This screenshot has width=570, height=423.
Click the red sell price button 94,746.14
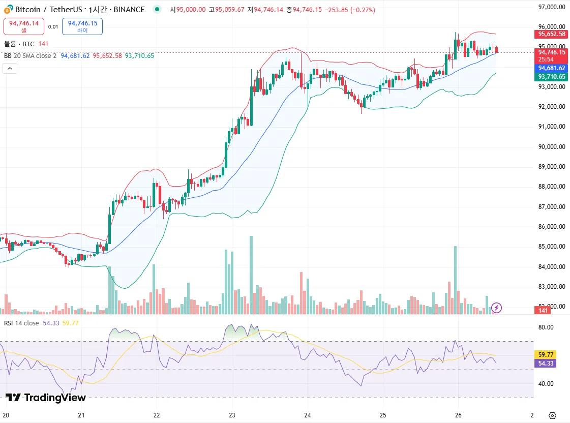[x=24, y=26]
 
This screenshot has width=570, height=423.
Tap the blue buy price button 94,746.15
[x=82, y=26]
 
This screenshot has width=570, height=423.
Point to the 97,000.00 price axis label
[x=552, y=7]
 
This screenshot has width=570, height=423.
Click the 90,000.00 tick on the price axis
[x=552, y=147]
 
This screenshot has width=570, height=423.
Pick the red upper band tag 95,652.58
[x=552, y=34]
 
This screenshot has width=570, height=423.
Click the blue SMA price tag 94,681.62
[x=552, y=68]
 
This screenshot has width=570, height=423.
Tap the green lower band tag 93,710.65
[x=552, y=77]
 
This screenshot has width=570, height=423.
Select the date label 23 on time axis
[x=232, y=414]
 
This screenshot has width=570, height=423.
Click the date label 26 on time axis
[x=458, y=414]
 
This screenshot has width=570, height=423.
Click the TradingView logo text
[x=46, y=398]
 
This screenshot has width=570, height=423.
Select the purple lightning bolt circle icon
[x=497, y=307]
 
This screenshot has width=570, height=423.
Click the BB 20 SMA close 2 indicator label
[x=30, y=55]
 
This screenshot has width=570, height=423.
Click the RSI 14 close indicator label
[x=21, y=323]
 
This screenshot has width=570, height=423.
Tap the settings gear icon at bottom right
[x=552, y=415]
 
